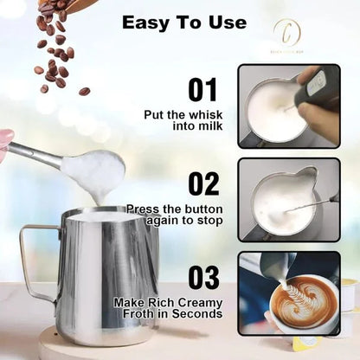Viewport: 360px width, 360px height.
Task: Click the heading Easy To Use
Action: pyautogui.click(x=183, y=22)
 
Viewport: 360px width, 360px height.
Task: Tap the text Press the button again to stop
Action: pyautogui.click(x=179, y=215)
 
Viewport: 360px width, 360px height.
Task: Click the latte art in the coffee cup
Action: pyautogui.click(x=303, y=300)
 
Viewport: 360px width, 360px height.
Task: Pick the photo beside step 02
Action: pyautogui.click(x=288, y=198)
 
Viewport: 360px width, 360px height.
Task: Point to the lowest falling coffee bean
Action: pyautogui.click(x=84, y=91)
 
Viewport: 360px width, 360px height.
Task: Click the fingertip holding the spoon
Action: pyautogui.click(x=5, y=139)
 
